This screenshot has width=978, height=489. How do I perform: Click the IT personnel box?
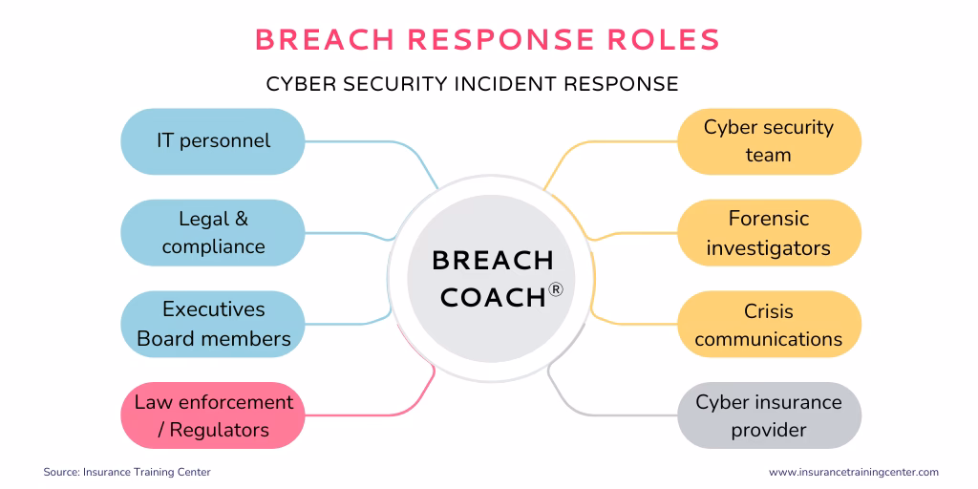point(212,141)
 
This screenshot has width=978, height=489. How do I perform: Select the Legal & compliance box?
point(212,233)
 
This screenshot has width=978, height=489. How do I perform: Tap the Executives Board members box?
point(212,325)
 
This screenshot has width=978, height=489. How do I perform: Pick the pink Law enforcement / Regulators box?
point(212,415)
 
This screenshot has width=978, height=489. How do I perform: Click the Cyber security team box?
point(769,141)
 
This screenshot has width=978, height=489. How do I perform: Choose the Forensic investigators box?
point(769,233)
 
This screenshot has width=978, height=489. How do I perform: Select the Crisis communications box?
point(769,325)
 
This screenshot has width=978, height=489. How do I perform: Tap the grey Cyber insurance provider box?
point(769,415)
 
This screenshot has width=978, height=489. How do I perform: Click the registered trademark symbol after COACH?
point(556,289)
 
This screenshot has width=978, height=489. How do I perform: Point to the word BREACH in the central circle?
point(493,260)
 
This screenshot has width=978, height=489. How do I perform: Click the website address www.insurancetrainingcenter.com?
point(854,472)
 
